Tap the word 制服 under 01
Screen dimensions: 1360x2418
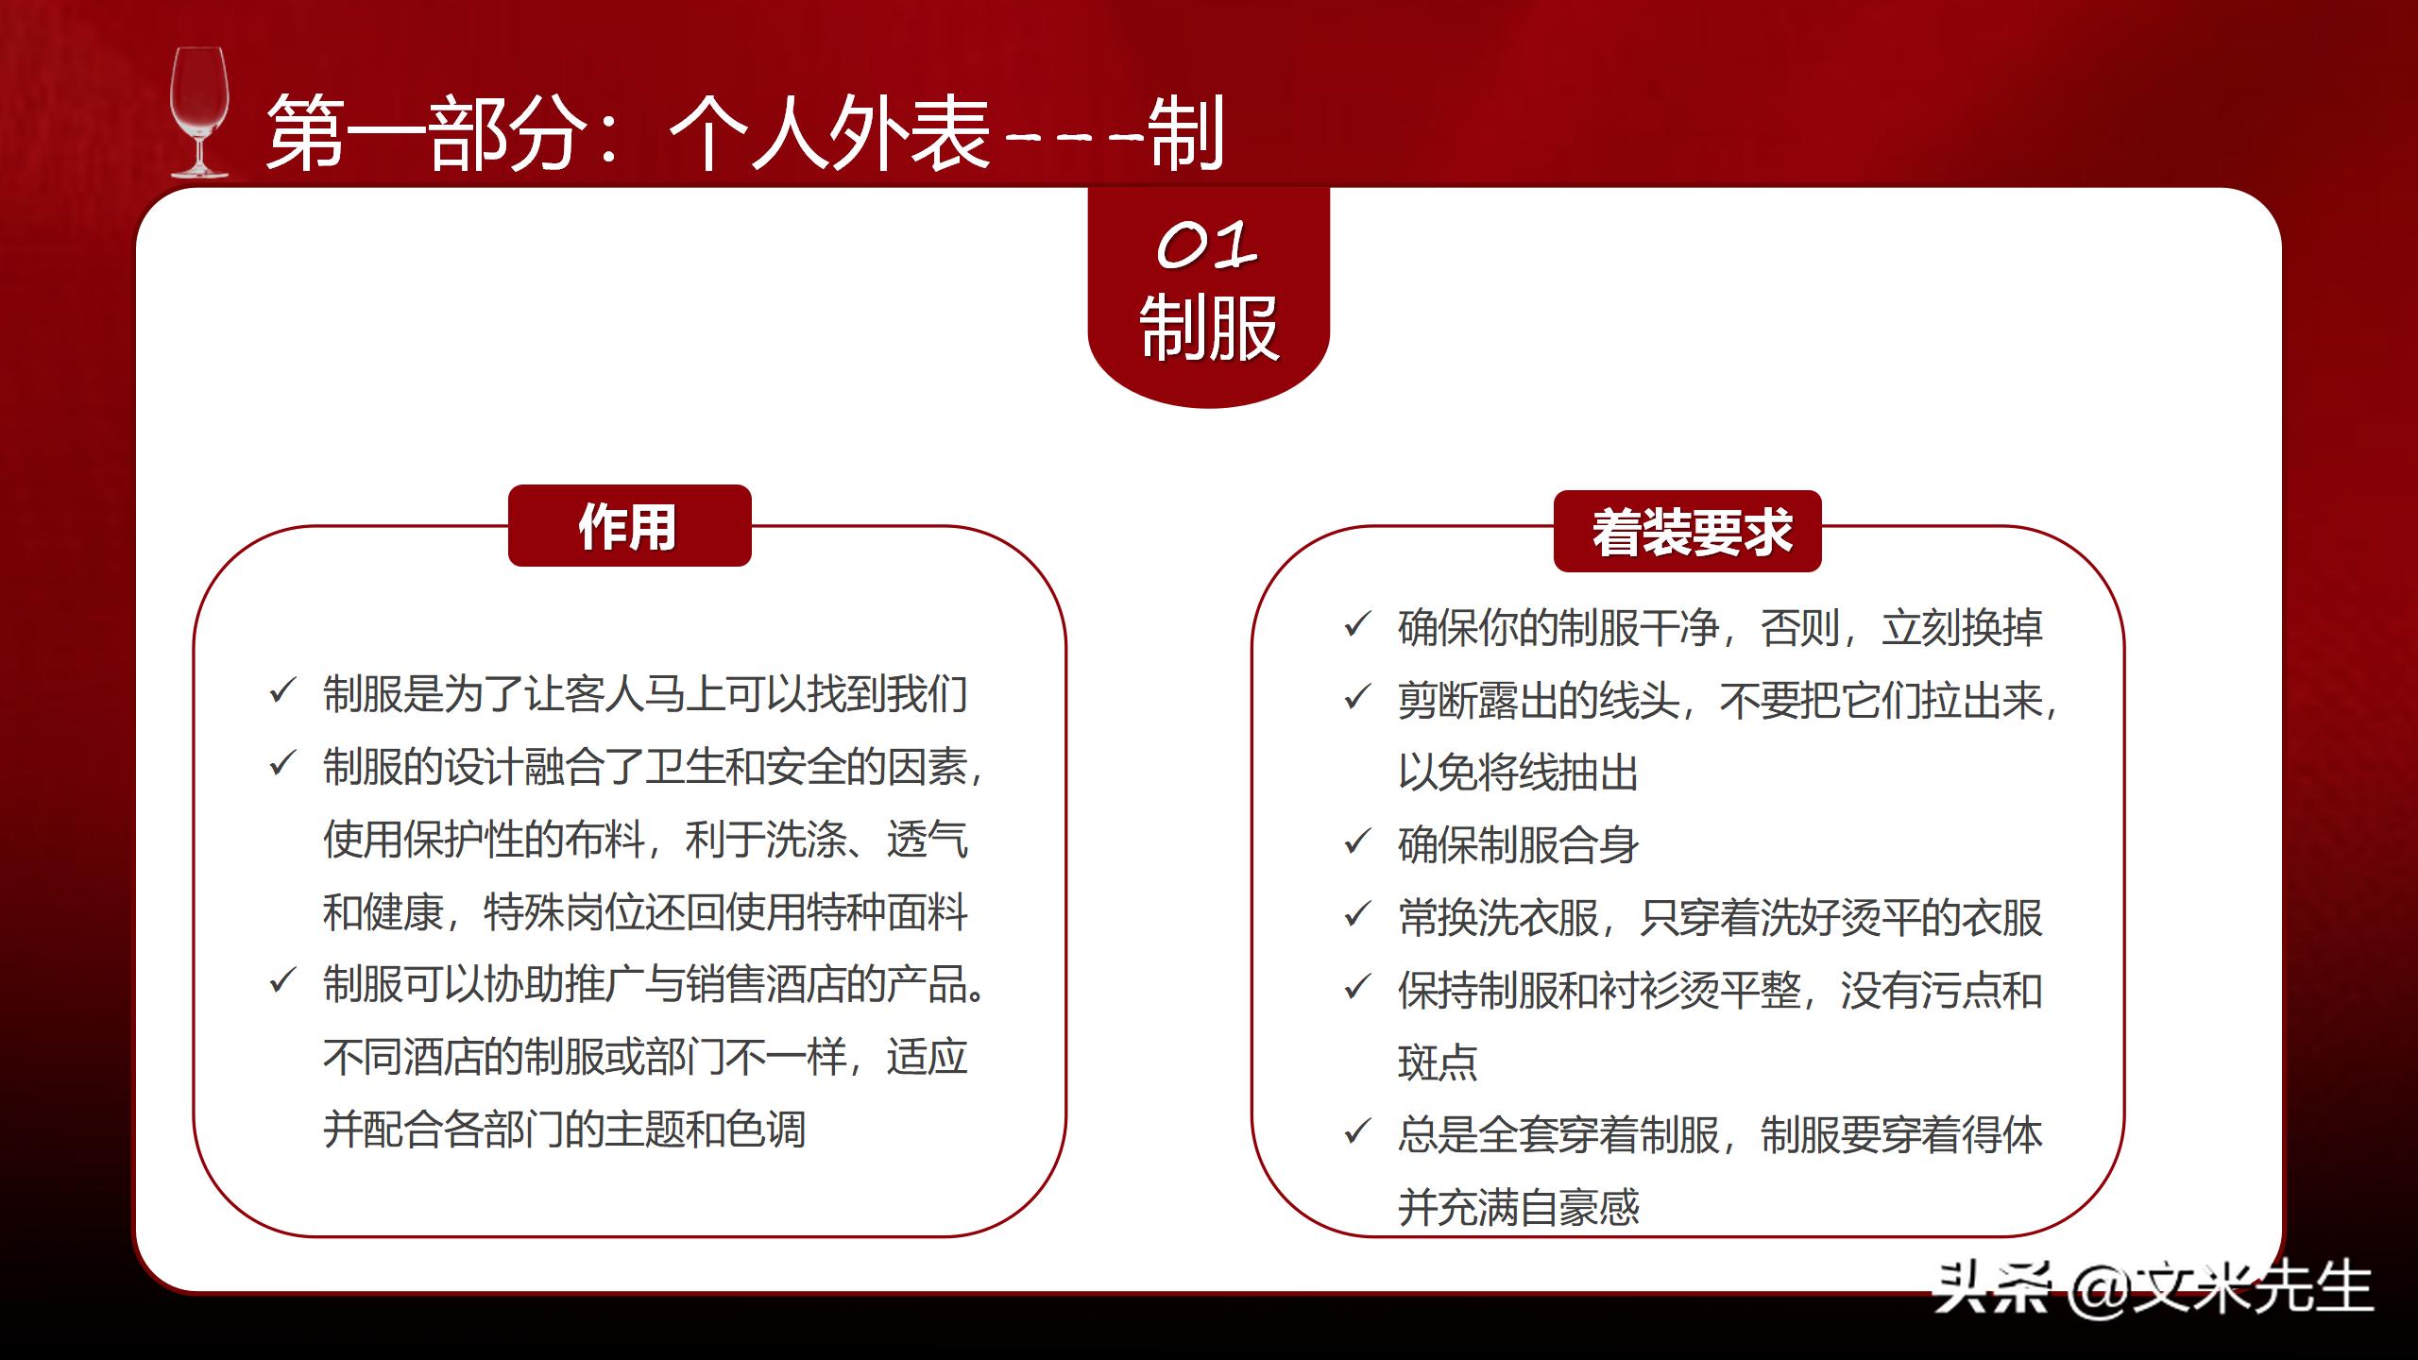[x=1208, y=328]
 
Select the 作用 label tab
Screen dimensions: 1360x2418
[x=629, y=526]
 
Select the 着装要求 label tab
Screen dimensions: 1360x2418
[x=1688, y=532]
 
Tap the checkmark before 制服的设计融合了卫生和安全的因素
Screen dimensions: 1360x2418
[x=282, y=763]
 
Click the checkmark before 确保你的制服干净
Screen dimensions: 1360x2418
[x=1357, y=624]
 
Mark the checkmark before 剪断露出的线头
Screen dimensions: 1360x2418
[x=1357, y=697]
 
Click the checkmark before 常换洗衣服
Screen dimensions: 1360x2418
[x=1357, y=914]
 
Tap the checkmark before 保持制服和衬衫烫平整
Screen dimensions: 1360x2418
[x=1357, y=987]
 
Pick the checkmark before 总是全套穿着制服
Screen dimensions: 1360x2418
[x=1357, y=1131]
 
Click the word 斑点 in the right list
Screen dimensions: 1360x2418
[x=1437, y=1062]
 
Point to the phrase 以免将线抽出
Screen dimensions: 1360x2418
[x=1518, y=773]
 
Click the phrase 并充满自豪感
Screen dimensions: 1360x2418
[x=1518, y=1207]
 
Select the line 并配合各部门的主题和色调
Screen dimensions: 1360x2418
[x=564, y=1130]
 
